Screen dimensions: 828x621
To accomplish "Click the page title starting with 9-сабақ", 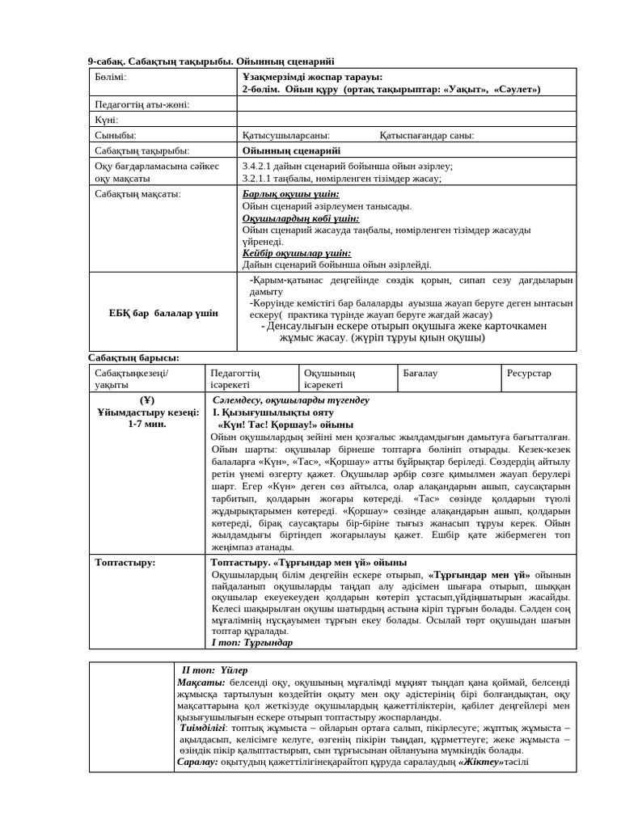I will click(210, 61).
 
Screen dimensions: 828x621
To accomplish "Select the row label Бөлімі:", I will click(111, 77).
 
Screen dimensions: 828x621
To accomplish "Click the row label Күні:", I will click(107, 120).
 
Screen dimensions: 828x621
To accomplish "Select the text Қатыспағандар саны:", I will click(426, 136).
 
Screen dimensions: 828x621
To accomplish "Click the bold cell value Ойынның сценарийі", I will click(291, 150).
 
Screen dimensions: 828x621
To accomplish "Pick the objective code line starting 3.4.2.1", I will click(347, 166).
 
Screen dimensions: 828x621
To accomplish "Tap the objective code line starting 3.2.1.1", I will click(341, 179).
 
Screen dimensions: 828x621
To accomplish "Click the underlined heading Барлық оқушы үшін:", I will click(290, 194).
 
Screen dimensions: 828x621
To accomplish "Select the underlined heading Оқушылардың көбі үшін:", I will click(301, 218).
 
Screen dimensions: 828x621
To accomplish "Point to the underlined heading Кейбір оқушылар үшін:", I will click(296, 252).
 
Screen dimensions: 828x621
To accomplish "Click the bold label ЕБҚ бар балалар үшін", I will click(163, 313).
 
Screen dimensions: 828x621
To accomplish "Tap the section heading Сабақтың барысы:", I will click(133, 357).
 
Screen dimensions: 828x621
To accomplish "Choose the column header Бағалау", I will click(420, 373).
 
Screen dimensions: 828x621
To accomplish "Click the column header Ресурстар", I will click(529, 373).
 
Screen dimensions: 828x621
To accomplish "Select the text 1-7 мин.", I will click(146, 424).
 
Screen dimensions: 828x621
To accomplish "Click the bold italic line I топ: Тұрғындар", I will click(251, 642).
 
